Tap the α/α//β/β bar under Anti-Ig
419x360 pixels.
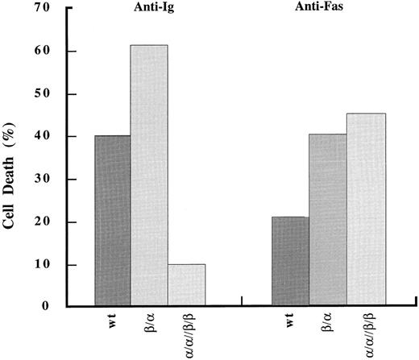click(x=187, y=285)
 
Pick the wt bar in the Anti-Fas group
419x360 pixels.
click(x=291, y=262)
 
